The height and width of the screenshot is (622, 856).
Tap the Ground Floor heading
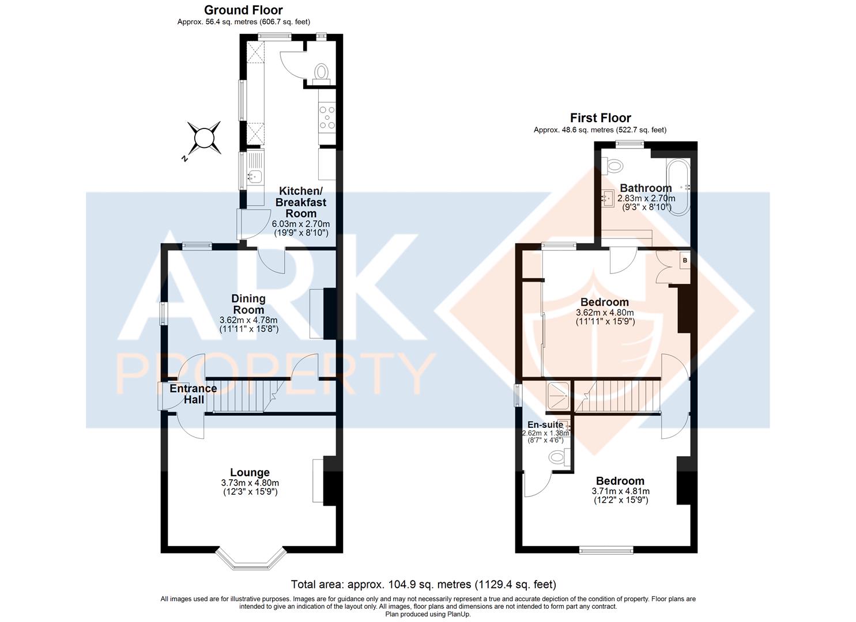[243, 10]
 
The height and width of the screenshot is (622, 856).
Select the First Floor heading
[600, 117]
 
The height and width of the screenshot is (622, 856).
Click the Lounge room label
[250, 472]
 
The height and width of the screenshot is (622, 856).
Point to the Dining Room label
[248, 304]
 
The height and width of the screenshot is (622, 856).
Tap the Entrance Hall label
[193, 394]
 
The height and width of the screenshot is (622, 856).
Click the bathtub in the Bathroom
[678, 187]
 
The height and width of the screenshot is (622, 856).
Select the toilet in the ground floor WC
[321, 74]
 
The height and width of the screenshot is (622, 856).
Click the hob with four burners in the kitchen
[327, 117]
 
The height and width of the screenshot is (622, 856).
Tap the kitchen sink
[255, 176]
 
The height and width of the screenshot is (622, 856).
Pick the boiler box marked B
[685, 260]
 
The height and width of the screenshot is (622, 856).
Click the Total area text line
[424, 584]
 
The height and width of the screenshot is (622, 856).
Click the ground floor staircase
[244, 396]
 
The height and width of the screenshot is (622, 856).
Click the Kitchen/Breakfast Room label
[301, 202]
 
